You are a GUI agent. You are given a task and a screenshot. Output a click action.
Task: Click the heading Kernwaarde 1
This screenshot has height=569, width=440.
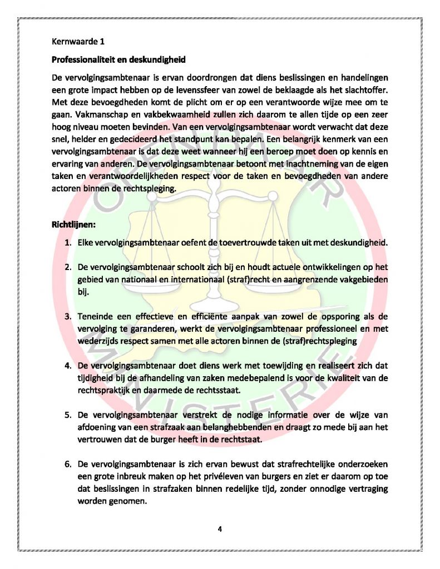click(77, 41)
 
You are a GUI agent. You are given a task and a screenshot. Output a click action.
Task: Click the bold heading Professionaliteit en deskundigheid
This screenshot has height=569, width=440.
click(118, 59)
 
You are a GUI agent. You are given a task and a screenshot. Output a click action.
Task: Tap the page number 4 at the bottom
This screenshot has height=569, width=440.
click(220, 528)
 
